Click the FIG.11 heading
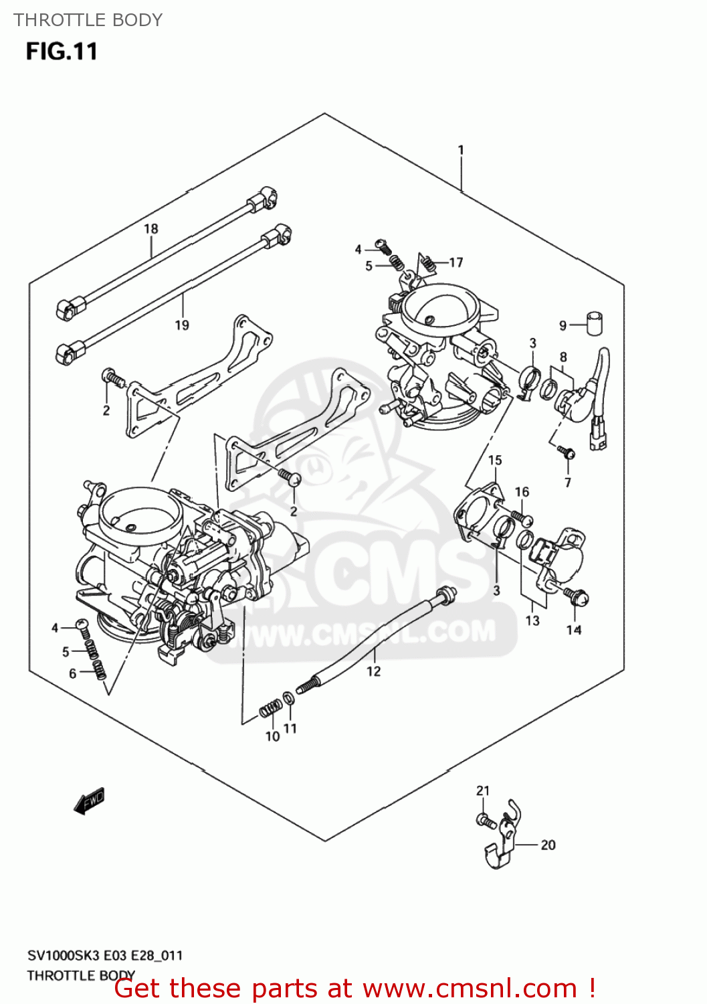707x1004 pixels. [x=62, y=52]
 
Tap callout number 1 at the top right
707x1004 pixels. [x=461, y=150]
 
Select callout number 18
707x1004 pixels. [x=151, y=229]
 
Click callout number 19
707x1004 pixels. [x=182, y=325]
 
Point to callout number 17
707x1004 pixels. [x=456, y=262]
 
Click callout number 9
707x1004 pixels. [x=563, y=326]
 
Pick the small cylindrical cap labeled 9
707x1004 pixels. [x=594, y=322]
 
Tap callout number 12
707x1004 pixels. [x=374, y=671]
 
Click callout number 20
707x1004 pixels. [x=548, y=845]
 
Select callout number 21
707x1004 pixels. [x=483, y=791]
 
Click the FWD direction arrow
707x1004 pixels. [x=89, y=801]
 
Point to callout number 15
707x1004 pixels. [x=495, y=461]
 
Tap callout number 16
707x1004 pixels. [x=522, y=492]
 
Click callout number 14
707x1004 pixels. [x=574, y=630]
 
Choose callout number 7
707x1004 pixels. [x=568, y=483]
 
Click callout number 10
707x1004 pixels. [x=272, y=736]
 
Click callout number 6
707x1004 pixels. [x=73, y=674]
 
